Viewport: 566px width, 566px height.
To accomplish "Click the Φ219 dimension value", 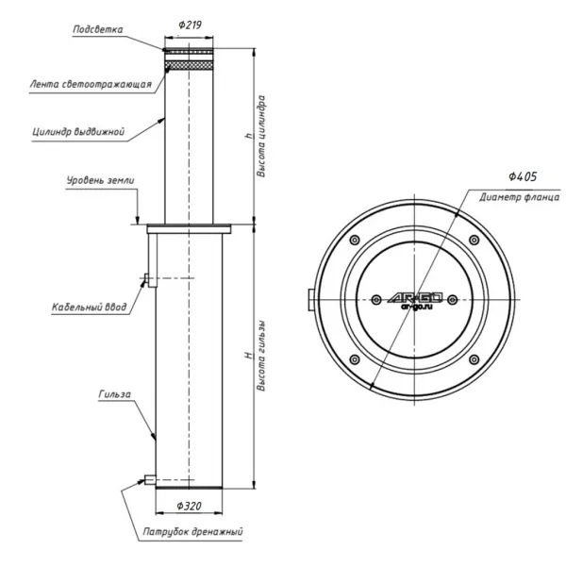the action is point(190,25).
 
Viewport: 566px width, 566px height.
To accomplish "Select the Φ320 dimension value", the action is point(190,506).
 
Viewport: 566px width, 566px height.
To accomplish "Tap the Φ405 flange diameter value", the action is point(523,176).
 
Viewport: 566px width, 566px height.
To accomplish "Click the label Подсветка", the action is point(98,29).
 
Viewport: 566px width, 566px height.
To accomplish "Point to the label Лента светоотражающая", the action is point(91,84).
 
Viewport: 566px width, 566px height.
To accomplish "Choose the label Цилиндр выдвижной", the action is point(78,131).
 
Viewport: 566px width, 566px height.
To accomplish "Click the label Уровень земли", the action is point(100,180).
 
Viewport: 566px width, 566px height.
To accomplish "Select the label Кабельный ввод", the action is point(90,307).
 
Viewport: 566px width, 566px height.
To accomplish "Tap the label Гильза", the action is point(115,394).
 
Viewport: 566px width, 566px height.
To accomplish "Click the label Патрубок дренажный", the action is point(192,531).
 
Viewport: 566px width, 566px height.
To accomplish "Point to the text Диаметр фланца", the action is point(520,197).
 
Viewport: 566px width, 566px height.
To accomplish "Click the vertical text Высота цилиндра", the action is point(261,136).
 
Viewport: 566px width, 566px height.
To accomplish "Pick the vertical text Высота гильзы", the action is point(261,356).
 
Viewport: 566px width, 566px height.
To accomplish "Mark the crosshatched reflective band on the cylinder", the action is point(189,65).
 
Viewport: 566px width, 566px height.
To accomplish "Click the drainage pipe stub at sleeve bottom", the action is point(150,480).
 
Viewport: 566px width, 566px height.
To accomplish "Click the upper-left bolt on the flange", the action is point(355,240).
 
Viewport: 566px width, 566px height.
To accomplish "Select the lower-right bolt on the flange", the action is point(474,359).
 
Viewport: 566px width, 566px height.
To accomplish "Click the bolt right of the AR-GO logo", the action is point(452,300).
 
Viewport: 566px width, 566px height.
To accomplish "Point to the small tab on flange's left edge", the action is point(310,300).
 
